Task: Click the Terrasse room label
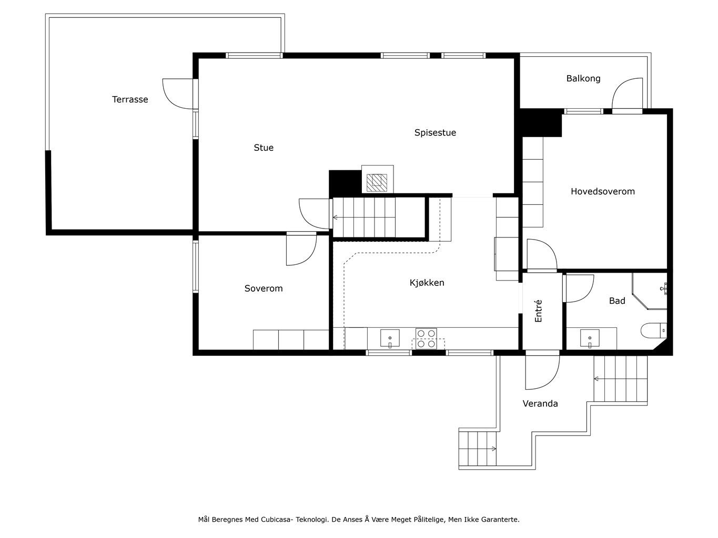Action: pos(130,99)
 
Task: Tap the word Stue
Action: pos(264,148)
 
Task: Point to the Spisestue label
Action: pos(434,132)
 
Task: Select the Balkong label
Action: pos(583,79)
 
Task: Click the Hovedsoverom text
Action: pos(602,191)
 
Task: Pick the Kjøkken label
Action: pos(427,283)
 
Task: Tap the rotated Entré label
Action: pos(538,311)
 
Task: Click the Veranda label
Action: pos(540,403)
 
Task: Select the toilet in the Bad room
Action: pos(653,330)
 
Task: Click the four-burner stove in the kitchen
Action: pos(426,338)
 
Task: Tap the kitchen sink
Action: pos(390,338)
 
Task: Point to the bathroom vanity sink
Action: pos(590,338)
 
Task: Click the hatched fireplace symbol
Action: pos(377,183)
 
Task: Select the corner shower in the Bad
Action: pos(649,291)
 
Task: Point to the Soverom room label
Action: pos(264,288)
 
